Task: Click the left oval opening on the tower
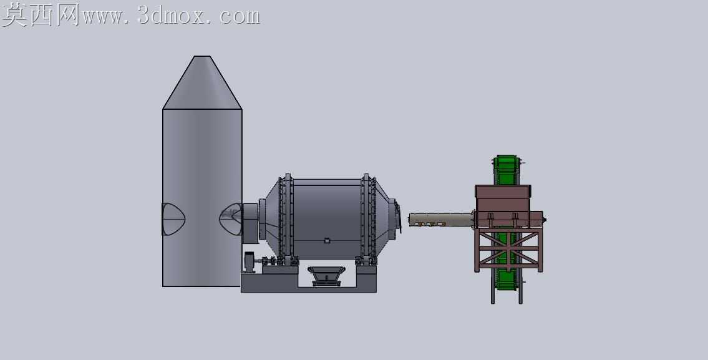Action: [173, 220]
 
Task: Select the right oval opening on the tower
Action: [231, 219]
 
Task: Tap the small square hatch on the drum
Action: [327, 241]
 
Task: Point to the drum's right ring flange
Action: [369, 218]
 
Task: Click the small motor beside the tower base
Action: [250, 263]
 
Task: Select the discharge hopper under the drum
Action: [326, 276]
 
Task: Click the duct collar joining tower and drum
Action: [251, 223]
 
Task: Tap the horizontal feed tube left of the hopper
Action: [441, 220]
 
